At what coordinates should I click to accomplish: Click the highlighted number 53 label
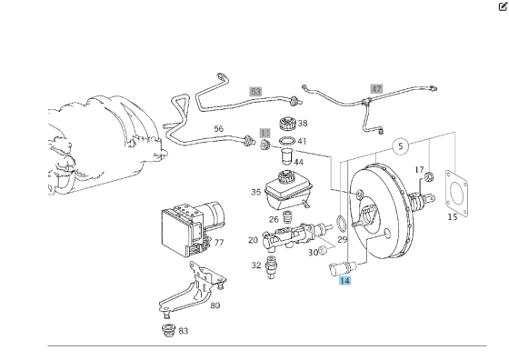point(255,92)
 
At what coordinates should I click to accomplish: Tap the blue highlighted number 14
point(344,282)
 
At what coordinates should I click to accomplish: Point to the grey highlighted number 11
point(265,132)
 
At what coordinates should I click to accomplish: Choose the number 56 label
point(218,129)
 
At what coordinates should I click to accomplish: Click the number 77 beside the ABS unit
point(218,243)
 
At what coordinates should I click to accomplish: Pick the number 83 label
point(184,331)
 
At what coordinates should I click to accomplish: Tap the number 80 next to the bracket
point(215,305)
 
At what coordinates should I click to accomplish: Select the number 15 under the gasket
point(453,217)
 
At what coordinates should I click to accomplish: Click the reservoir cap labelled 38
point(287,125)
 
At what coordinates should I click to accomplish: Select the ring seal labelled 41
point(285,142)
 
